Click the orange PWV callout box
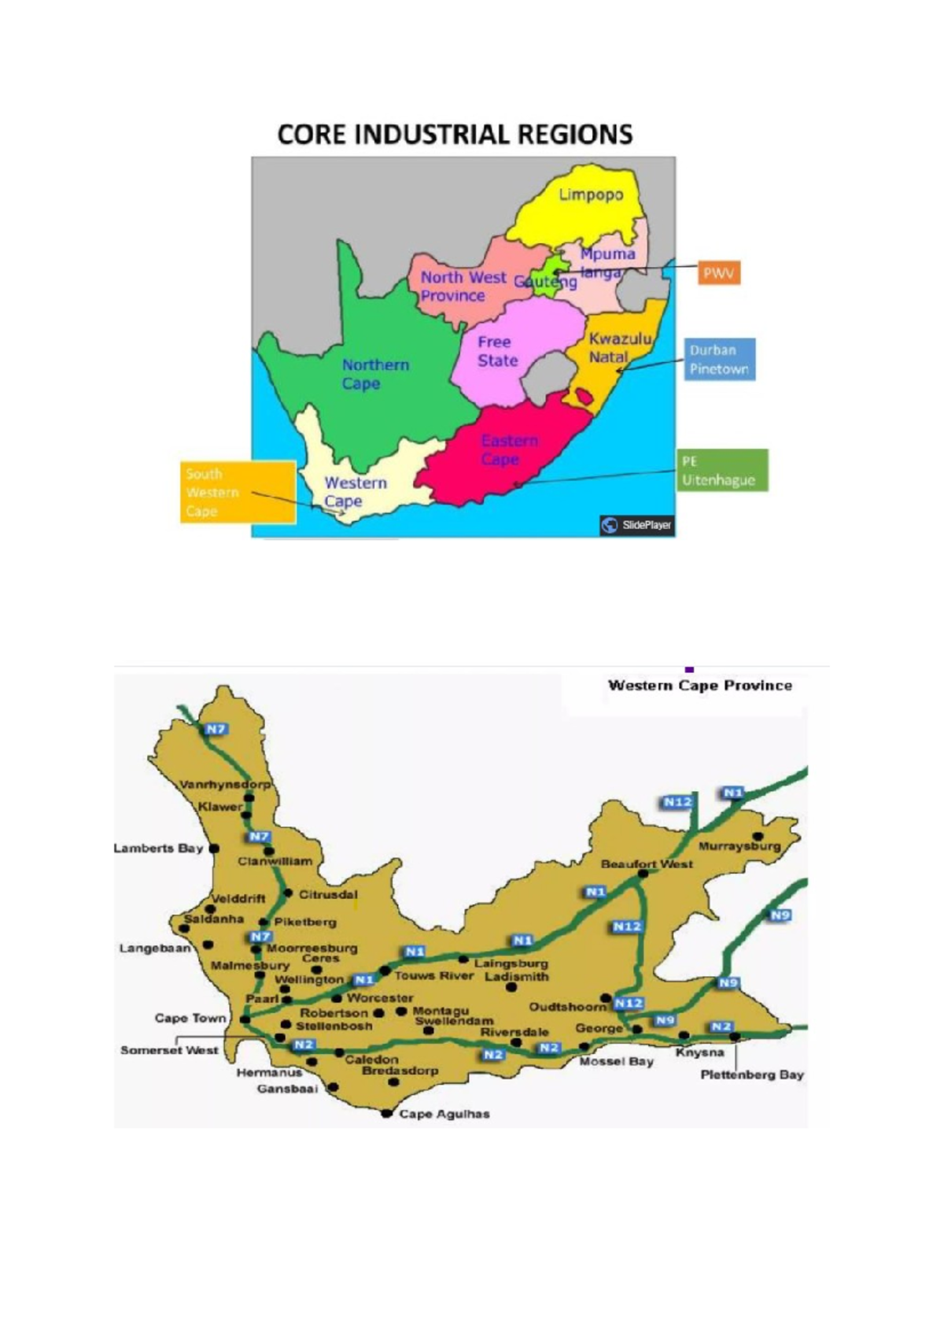(x=719, y=273)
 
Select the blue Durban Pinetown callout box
(x=719, y=360)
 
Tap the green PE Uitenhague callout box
(x=721, y=471)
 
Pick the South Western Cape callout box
(x=238, y=493)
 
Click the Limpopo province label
(x=591, y=194)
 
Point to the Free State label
(x=497, y=351)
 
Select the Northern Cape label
(x=374, y=374)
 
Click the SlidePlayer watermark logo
(x=636, y=525)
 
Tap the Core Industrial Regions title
(x=455, y=135)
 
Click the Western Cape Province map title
(x=699, y=686)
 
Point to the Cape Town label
(x=190, y=1018)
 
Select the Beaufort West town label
(x=647, y=863)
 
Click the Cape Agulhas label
(x=444, y=1114)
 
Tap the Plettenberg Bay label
(x=751, y=1074)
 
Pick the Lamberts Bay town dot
(x=214, y=849)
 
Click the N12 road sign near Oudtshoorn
(x=629, y=1003)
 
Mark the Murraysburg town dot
(x=758, y=836)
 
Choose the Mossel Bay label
(x=616, y=1061)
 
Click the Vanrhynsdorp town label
(x=224, y=784)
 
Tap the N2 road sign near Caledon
(x=303, y=1045)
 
